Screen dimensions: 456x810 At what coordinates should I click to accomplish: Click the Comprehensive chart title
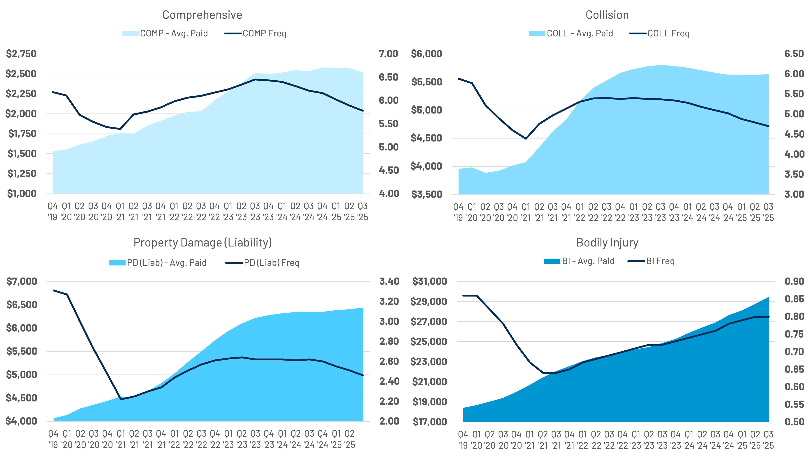pos(202,15)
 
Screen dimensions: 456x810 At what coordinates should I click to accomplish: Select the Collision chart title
pos(607,15)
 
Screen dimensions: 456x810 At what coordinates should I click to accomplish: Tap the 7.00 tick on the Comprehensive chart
pos(388,54)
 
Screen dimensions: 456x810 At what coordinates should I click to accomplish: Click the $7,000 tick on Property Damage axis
pos(22,281)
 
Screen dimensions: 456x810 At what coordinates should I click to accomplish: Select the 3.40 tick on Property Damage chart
pos(389,281)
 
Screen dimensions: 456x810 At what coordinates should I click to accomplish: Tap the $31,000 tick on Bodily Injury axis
pos(429,281)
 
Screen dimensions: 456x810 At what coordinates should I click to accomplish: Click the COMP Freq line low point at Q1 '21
pos(120,129)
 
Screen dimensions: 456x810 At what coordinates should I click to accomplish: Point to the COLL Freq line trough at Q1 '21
pos(526,139)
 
